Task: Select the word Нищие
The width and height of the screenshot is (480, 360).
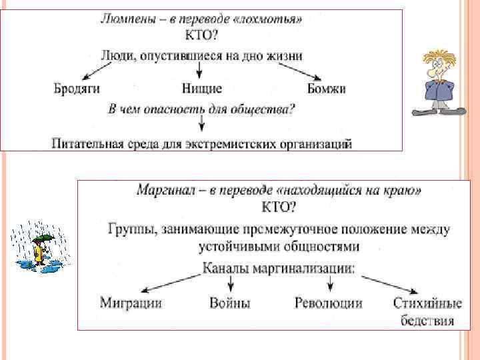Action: (201, 88)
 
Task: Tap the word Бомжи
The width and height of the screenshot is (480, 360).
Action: (326, 88)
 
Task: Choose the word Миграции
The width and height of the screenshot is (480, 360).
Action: (131, 303)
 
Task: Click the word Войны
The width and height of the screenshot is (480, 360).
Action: (230, 303)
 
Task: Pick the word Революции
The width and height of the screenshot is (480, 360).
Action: (329, 303)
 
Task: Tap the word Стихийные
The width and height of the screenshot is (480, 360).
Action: (427, 303)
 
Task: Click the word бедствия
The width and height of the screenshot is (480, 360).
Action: (427, 321)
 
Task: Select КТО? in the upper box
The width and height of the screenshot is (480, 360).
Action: (201, 37)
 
